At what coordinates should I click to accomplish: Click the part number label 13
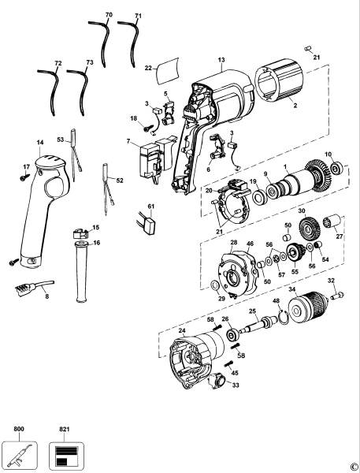(221, 60)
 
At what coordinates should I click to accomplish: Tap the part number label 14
(39, 143)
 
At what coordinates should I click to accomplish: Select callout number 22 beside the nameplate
(147, 68)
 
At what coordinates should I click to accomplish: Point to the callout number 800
(19, 429)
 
